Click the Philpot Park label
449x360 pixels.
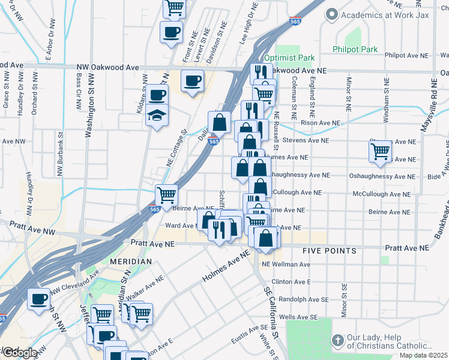point(356,48)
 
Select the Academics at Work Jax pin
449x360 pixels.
point(331,14)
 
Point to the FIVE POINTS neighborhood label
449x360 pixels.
point(329,251)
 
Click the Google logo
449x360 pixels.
point(19,353)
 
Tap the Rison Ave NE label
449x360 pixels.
point(320,123)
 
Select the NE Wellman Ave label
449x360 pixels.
point(286,264)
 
